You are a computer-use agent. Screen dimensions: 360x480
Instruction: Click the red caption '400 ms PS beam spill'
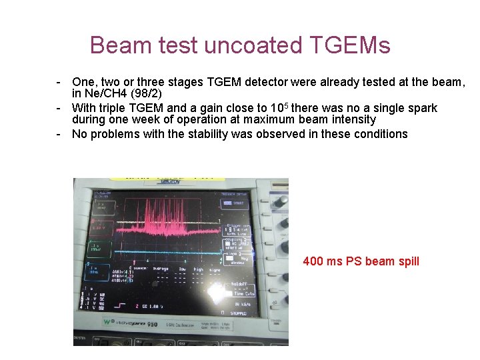pos(361,261)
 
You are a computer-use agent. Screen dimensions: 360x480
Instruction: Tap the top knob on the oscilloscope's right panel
pos(281,200)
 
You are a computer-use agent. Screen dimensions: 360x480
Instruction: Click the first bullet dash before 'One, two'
pos(59,81)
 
